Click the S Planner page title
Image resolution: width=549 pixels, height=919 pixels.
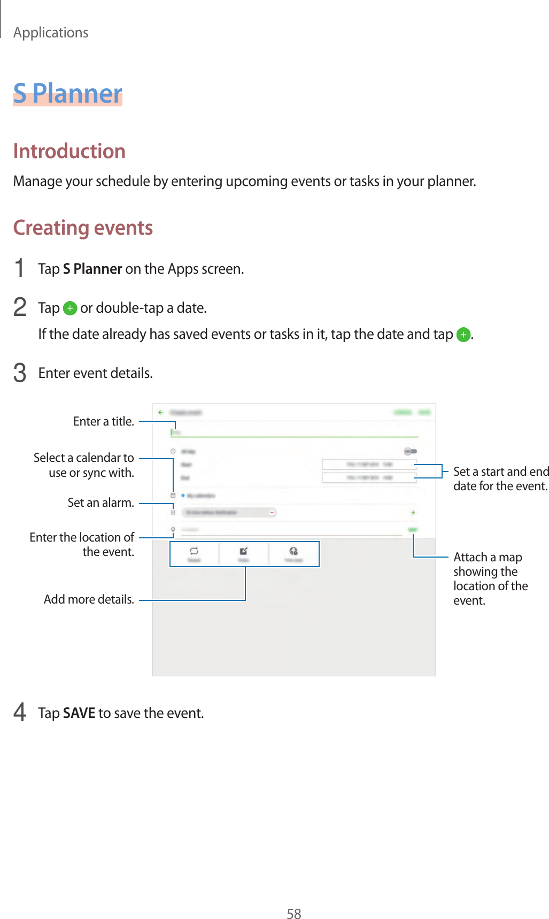68,94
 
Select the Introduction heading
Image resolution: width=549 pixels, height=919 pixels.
69,151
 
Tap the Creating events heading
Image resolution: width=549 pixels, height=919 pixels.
83,228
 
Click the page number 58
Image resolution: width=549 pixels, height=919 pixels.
293,914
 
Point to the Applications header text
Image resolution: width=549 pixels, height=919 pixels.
51,33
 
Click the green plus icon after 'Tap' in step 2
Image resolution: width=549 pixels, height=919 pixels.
69,308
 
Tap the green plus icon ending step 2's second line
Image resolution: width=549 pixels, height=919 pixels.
463,335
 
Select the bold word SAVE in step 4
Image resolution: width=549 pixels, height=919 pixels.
79,713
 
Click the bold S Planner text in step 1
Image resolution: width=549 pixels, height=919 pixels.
92,269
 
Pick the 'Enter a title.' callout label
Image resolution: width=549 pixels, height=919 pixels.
104,422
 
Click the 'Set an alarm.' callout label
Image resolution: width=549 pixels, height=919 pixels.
100,503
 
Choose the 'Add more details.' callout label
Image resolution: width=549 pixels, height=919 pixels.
89,599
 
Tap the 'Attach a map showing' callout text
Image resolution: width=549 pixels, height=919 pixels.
488,564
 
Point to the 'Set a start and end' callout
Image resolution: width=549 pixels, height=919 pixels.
501,472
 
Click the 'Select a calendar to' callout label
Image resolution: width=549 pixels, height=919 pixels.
83,458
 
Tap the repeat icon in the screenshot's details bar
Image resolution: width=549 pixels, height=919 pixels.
194,551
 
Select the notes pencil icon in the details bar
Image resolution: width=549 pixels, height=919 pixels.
243,551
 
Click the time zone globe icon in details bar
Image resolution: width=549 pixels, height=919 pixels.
293,551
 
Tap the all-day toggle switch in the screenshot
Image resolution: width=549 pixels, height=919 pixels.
410,452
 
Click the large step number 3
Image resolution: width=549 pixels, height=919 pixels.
20,373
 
